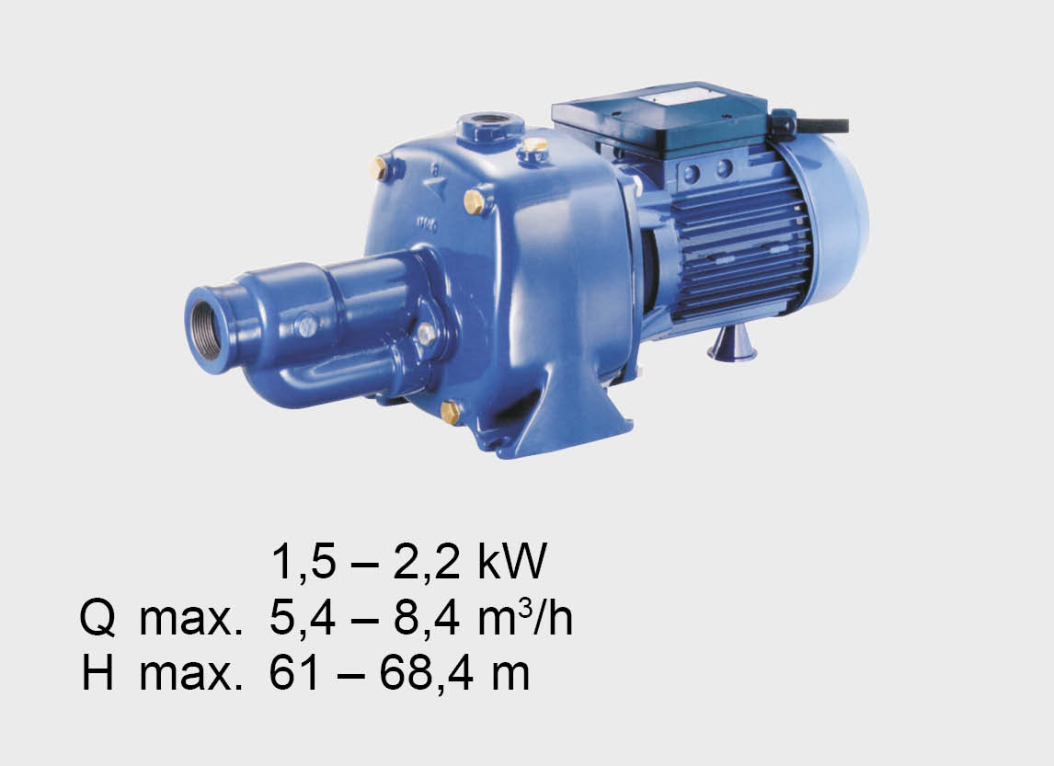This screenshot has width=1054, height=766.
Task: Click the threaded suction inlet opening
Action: tap(208, 330)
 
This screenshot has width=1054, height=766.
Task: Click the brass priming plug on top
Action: tap(535, 145)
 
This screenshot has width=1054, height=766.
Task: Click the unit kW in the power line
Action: tap(511, 562)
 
